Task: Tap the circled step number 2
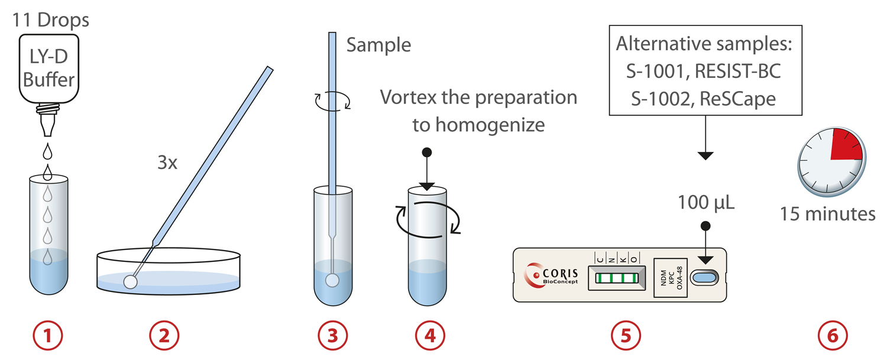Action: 163,335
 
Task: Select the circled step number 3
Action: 332,335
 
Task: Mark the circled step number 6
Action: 833,335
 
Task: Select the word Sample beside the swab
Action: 378,46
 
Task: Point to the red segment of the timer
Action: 844,146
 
